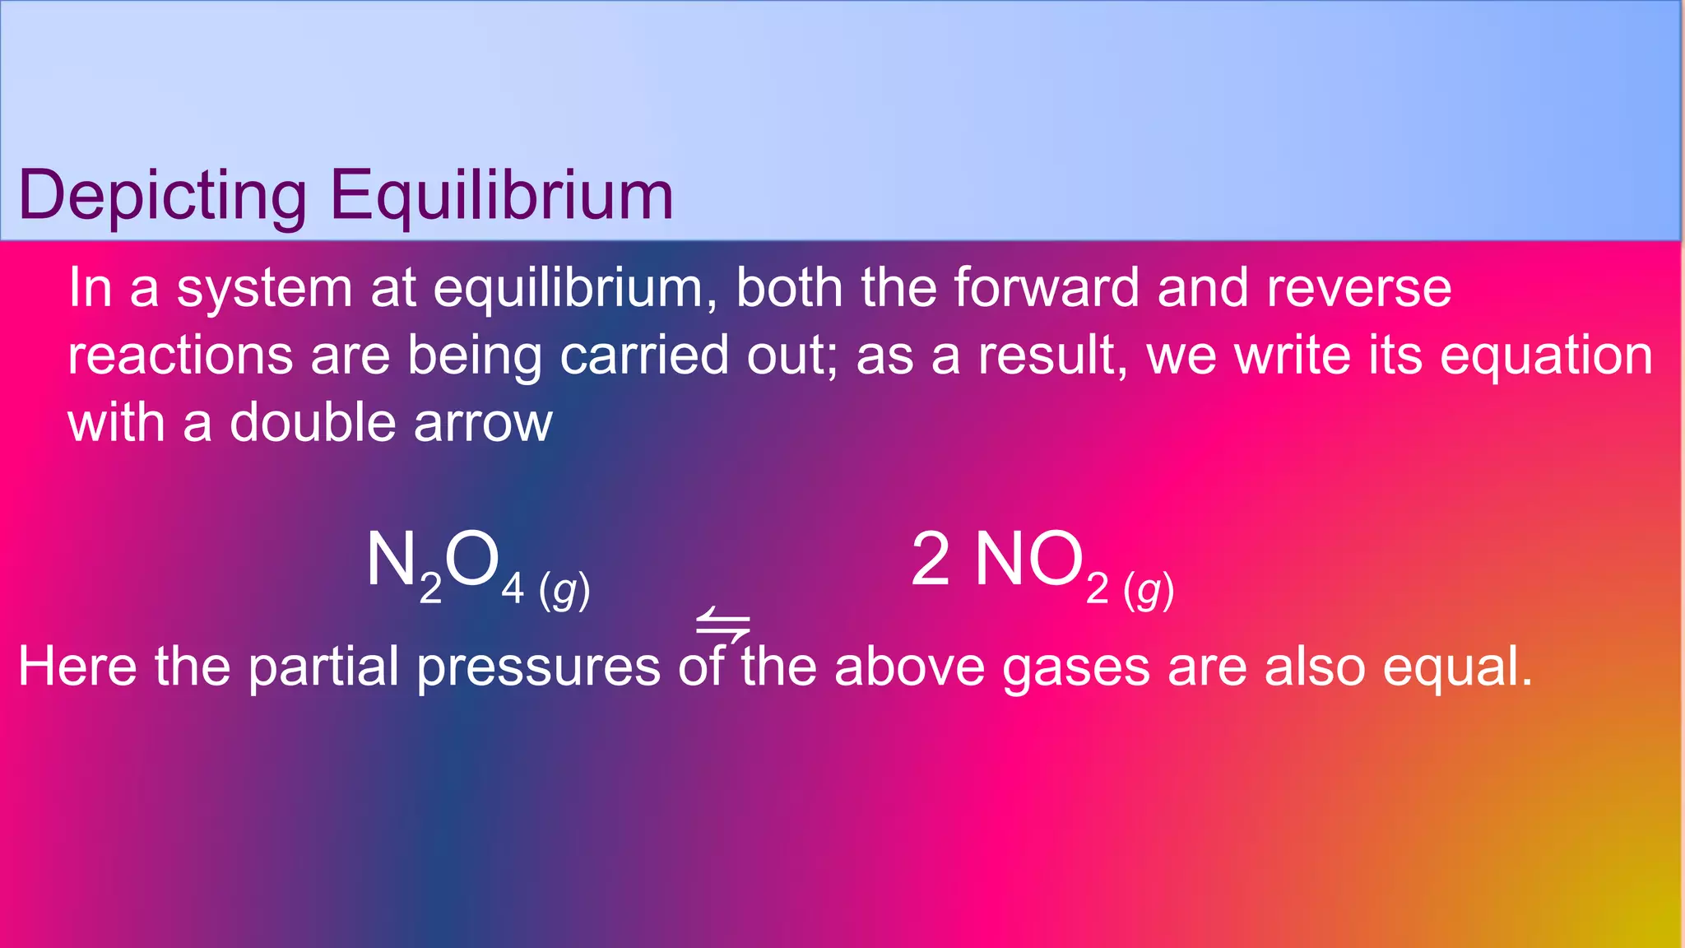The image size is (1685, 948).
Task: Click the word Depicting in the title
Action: [x=162, y=196]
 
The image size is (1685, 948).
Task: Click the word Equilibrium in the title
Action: [x=502, y=196]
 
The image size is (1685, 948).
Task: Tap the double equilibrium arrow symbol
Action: [x=722, y=625]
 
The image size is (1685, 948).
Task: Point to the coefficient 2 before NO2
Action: [x=931, y=560]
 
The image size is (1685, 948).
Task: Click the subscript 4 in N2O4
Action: [x=513, y=589]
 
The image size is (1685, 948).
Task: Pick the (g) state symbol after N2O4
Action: [x=564, y=591]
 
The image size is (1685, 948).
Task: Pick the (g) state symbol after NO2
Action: [x=1149, y=591]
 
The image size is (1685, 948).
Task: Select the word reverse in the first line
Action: [x=1358, y=288]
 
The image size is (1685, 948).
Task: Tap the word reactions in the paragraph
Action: [x=180, y=355]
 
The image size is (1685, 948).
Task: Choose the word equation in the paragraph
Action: [x=1546, y=355]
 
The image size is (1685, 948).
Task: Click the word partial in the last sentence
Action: [x=323, y=666]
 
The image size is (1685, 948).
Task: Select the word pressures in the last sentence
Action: [x=539, y=667]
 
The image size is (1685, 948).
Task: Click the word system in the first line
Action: [x=265, y=290]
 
